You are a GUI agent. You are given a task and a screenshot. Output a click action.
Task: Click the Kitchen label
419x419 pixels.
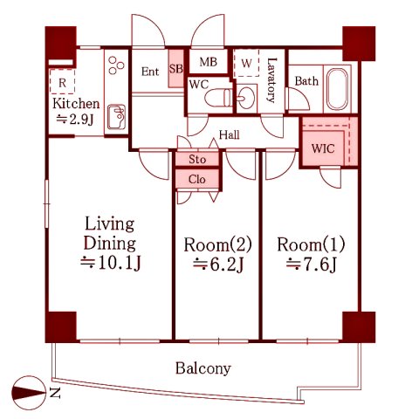(76, 104)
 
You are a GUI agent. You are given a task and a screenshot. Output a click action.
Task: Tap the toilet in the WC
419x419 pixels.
(218, 98)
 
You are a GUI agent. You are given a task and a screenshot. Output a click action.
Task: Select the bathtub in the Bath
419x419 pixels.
(337, 89)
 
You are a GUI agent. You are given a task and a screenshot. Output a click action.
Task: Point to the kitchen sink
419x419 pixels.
(116, 117)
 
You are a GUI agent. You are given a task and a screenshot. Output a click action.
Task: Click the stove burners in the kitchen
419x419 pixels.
(116, 65)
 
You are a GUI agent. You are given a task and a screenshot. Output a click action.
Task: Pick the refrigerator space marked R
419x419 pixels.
(62, 81)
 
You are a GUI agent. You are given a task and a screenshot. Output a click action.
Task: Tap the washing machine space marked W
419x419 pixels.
(246, 63)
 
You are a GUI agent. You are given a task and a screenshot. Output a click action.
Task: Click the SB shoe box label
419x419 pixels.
(176, 69)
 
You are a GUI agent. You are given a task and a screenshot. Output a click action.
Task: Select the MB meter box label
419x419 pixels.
(209, 62)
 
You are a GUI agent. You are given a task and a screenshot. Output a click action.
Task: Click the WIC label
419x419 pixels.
(323, 148)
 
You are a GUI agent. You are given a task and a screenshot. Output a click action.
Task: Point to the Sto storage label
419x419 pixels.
(197, 159)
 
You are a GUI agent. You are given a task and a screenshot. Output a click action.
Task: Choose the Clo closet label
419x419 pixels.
(197, 179)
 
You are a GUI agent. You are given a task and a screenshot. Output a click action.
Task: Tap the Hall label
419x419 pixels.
(230, 135)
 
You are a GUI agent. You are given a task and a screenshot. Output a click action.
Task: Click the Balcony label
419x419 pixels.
(203, 368)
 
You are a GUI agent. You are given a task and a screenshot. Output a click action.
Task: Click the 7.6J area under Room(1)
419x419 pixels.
(311, 264)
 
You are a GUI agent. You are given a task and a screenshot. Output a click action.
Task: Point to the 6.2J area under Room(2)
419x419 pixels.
(218, 264)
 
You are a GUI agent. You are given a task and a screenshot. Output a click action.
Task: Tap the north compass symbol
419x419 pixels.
(29, 393)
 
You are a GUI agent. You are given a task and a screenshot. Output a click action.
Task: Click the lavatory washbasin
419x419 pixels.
(246, 98)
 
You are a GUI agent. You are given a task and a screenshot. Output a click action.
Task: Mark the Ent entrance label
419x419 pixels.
(150, 72)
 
